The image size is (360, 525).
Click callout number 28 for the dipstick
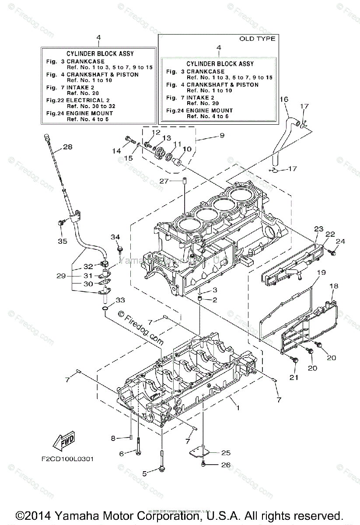[67, 147]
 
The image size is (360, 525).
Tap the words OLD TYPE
[257, 39]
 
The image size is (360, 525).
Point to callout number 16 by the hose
[283, 100]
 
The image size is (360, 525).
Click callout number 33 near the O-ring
[120, 300]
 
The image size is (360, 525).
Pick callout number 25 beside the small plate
[226, 453]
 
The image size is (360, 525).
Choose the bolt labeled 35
[60, 224]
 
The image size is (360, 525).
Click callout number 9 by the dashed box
[222, 136]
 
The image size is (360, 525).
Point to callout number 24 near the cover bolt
[340, 241]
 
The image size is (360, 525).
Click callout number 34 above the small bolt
[115, 237]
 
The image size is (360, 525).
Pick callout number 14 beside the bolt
[115, 151]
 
